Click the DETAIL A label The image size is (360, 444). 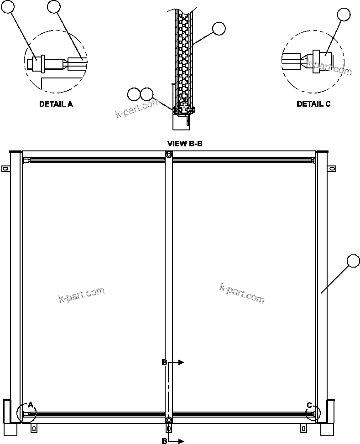[x=56, y=104]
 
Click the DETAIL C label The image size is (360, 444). [x=313, y=104]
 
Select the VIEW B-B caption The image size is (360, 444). [x=185, y=144]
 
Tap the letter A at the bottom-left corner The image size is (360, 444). [x=31, y=404]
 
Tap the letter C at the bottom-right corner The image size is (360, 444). [x=309, y=405]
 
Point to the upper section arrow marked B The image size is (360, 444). [x=176, y=362]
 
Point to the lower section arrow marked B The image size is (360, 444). [x=176, y=441]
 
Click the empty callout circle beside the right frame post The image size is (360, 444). [x=354, y=261]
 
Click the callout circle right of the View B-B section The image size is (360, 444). [x=219, y=29]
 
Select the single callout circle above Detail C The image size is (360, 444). [x=344, y=15]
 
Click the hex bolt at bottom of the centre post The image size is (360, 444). [x=169, y=420]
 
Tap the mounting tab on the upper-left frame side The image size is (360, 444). [x=5, y=169]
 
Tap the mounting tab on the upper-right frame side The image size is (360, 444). [x=330, y=169]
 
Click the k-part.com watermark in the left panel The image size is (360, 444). [x=82, y=294]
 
